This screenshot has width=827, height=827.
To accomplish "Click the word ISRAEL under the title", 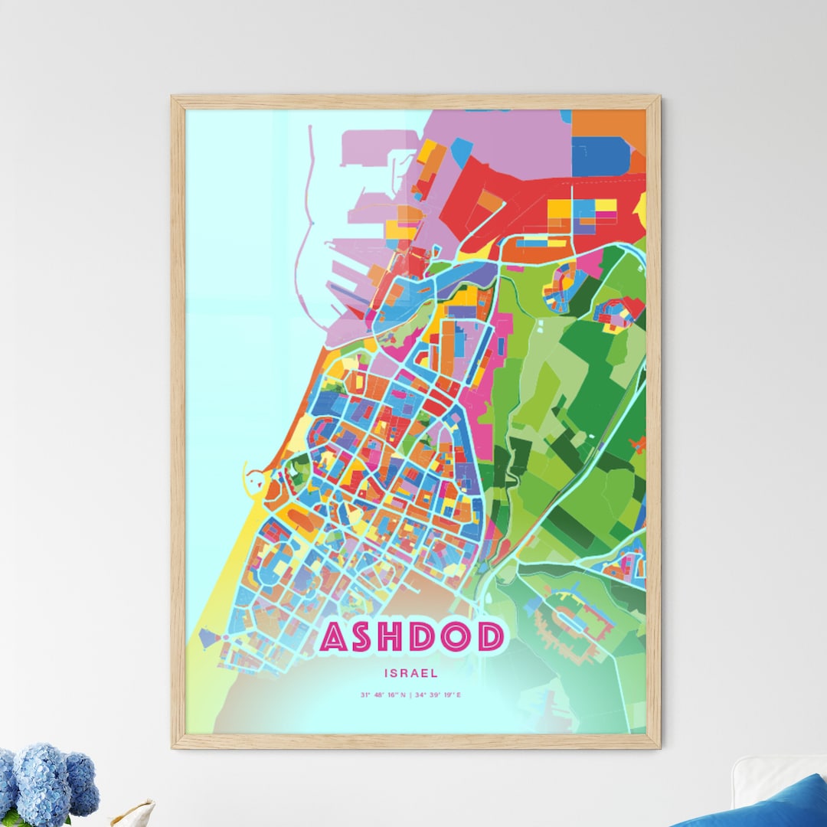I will pos(412,674).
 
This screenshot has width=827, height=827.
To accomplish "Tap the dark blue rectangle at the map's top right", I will pos(600,157).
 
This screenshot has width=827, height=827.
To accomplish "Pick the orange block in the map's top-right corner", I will pos(609,123).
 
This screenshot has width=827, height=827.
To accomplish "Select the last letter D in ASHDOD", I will pos(490,637).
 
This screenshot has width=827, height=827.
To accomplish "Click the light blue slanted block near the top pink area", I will pos(461,152).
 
